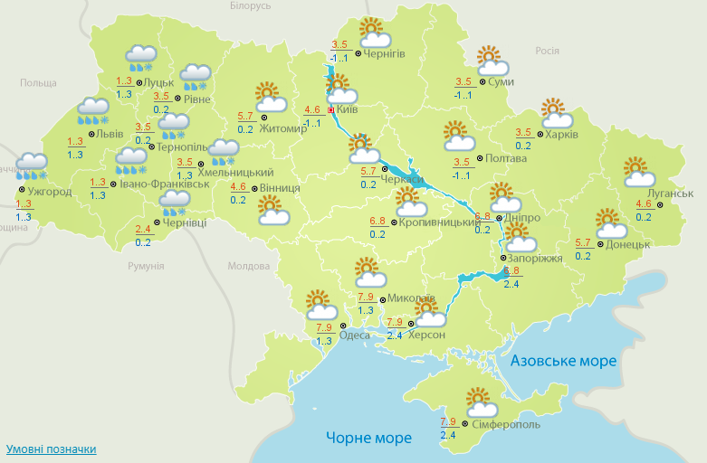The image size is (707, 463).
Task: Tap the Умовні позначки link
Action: click(x=51, y=449)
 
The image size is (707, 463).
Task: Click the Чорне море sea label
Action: click(x=368, y=439)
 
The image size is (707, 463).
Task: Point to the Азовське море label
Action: click(x=563, y=361)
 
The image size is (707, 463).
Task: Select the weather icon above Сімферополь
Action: click(x=479, y=402)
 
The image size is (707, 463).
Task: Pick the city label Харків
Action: click(x=561, y=135)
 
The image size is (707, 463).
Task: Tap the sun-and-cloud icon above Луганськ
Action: click(x=639, y=171)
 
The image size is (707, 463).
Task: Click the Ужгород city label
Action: click(x=49, y=192)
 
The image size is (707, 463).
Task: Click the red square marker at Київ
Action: click(x=331, y=110)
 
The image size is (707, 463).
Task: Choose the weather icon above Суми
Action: click(x=492, y=60)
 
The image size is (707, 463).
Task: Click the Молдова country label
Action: click(x=248, y=267)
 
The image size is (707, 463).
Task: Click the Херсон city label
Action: click(x=427, y=335)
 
